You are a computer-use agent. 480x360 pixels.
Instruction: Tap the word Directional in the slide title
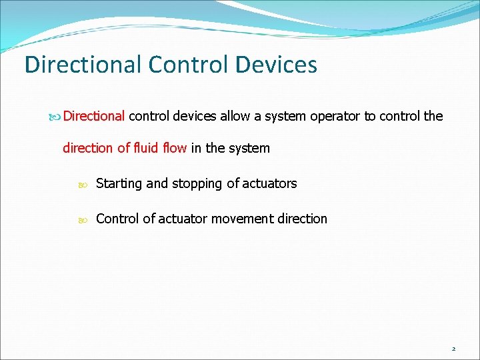click(83, 65)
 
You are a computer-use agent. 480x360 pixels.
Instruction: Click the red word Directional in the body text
click(94, 116)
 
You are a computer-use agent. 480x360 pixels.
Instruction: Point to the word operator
click(333, 116)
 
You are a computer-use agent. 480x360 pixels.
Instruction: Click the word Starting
click(119, 183)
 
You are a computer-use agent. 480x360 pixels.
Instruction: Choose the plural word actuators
click(269, 183)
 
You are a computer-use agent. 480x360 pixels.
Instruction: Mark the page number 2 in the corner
click(453, 349)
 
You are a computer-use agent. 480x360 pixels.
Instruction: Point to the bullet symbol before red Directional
click(55, 117)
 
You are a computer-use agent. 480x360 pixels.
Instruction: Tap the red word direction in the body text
click(88, 148)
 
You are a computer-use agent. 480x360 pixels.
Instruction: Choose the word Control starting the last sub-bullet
click(117, 219)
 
